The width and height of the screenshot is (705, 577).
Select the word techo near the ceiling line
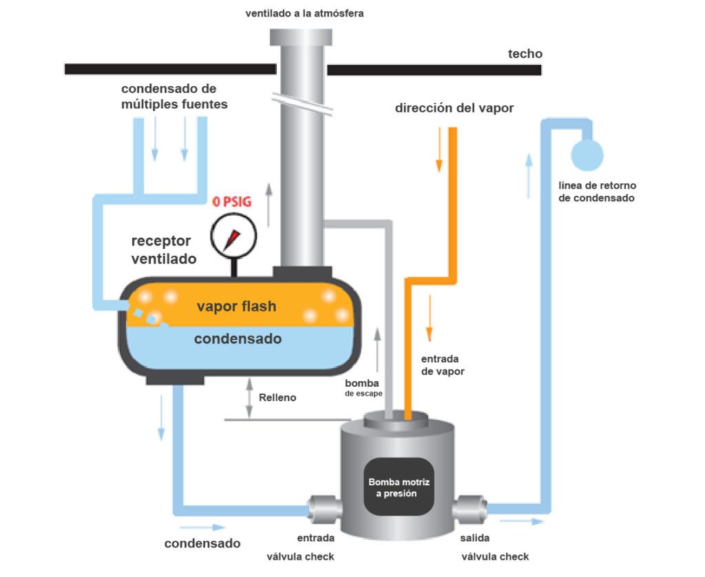(x=525, y=54)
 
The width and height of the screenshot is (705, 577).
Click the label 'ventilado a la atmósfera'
(x=304, y=12)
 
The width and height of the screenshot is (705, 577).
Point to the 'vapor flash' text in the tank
(x=237, y=306)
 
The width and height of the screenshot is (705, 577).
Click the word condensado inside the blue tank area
(x=238, y=339)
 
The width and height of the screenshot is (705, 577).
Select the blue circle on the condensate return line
(x=587, y=155)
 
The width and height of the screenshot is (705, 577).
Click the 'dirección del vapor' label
(x=454, y=108)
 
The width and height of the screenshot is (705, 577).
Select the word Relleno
(x=277, y=398)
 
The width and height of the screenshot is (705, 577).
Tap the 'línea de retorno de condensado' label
(x=597, y=192)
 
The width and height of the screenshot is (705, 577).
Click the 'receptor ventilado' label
(x=164, y=250)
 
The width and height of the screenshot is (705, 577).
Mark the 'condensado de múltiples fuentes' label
(x=169, y=97)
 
